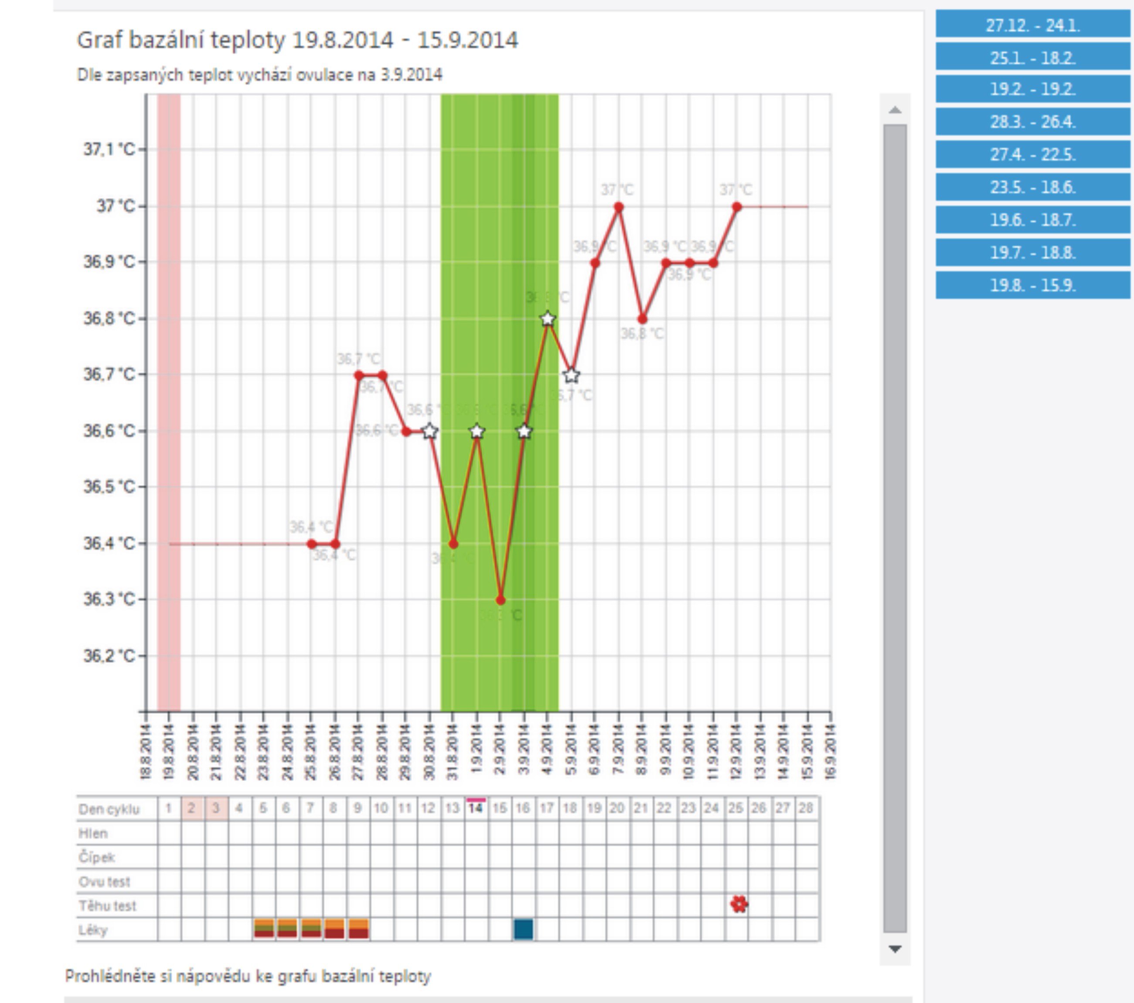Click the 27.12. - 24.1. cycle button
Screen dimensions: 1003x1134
pyautogui.click(x=1032, y=25)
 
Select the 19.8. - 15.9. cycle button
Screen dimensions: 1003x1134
pyautogui.click(x=1032, y=285)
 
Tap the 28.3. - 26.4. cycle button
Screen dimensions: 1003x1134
pyautogui.click(x=1032, y=122)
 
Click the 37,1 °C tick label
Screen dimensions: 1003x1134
pyautogui.click(x=109, y=149)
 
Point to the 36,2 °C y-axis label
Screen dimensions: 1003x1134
pyautogui.click(x=109, y=656)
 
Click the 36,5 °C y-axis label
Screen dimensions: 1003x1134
pyautogui.click(x=109, y=487)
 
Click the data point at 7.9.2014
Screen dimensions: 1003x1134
pyautogui.click(x=619, y=208)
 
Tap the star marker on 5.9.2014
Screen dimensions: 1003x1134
pyautogui.click(x=572, y=376)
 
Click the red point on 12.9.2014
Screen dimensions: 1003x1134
pyautogui.click(x=737, y=207)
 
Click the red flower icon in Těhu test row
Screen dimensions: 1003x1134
pyautogui.click(x=739, y=904)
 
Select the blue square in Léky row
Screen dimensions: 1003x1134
pyautogui.click(x=523, y=929)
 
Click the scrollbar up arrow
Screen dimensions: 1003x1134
pyautogui.click(x=894, y=110)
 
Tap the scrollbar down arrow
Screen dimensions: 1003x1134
pyautogui.click(x=894, y=949)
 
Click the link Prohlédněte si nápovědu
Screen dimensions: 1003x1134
pyautogui.click(x=248, y=976)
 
